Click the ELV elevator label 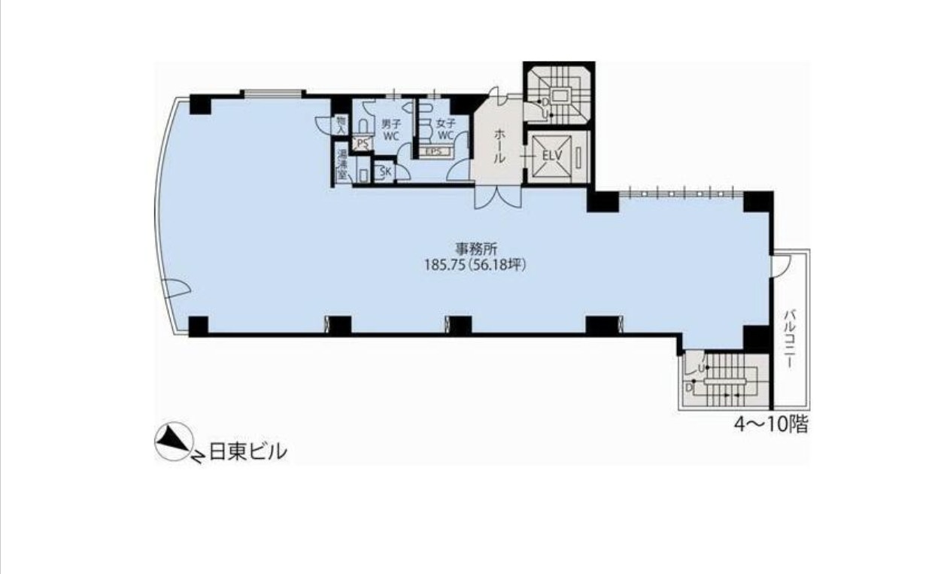coord(552,155)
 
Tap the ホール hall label coord(499,146)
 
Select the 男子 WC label coord(390,130)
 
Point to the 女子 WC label coord(445,129)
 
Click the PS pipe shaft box coord(363,144)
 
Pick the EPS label coord(434,151)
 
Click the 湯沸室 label coord(341,165)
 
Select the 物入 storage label coord(341,125)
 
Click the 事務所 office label coord(476,248)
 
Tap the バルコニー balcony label coord(789,339)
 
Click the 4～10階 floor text coord(771,424)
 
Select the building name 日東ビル coord(248,451)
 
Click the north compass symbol coord(174,441)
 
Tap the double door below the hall coord(499,198)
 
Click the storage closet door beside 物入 coord(323,125)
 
